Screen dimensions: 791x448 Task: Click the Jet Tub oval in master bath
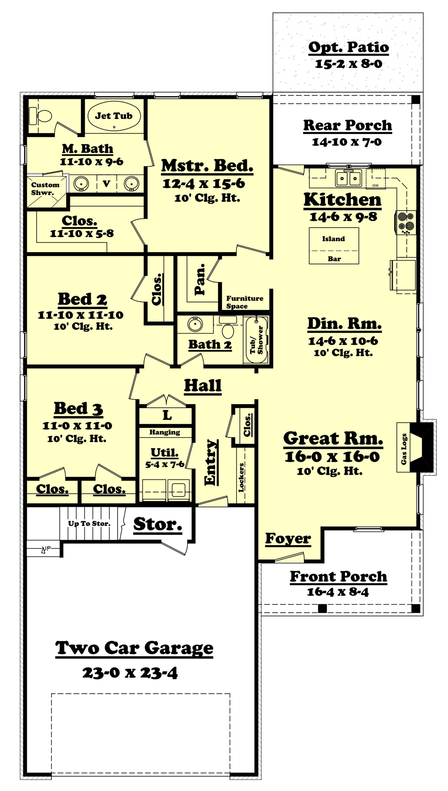pyautogui.click(x=114, y=116)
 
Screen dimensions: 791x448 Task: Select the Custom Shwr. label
pyautogui.click(x=45, y=189)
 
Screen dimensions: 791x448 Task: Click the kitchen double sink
pyautogui.click(x=348, y=178)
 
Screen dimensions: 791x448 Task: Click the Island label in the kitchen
pyautogui.click(x=333, y=239)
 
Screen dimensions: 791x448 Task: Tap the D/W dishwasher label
pyautogui.click(x=375, y=186)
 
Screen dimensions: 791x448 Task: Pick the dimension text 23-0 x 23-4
pyautogui.click(x=130, y=673)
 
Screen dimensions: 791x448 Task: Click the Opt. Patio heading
pyautogui.click(x=348, y=47)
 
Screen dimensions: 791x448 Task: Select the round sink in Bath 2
pyautogui.click(x=195, y=324)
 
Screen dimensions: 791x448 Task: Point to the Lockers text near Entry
pyautogui.click(x=241, y=477)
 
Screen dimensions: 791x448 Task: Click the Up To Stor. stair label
pyautogui.click(x=89, y=524)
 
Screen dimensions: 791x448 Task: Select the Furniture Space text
pyautogui.click(x=244, y=302)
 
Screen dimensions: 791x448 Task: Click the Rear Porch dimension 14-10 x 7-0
pyautogui.click(x=346, y=142)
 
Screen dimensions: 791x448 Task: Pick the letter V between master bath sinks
pyautogui.click(x=106, y=184)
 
